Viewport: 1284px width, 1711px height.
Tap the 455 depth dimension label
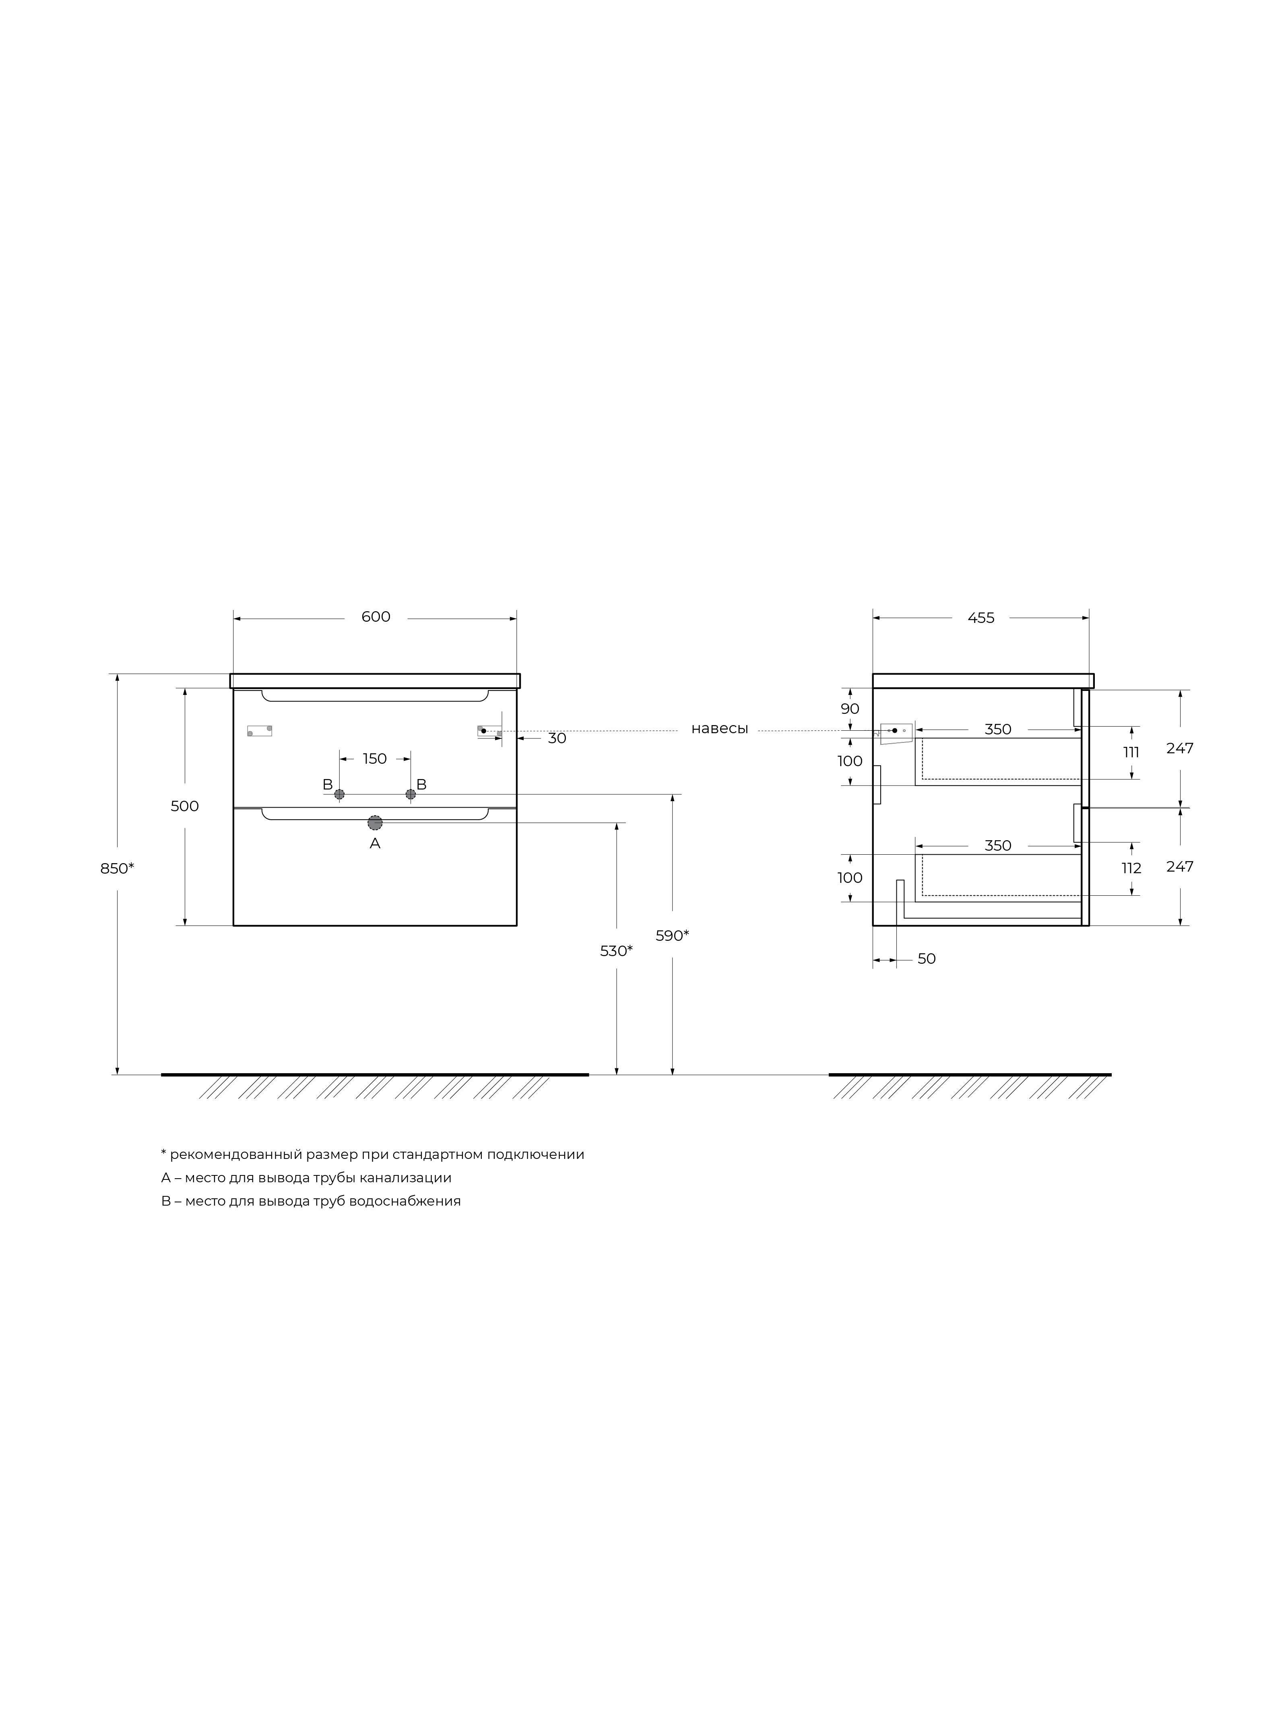[x=981, y=618]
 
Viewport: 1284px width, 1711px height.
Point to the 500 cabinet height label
[x=185, y=806]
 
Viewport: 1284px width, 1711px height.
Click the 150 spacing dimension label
[x=375, y=759]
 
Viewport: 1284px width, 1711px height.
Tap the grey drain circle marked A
[x=375, y=822]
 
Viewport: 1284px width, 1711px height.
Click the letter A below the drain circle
[x=375, y=844]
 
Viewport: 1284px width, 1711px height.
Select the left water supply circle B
[x=339, y=794]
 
